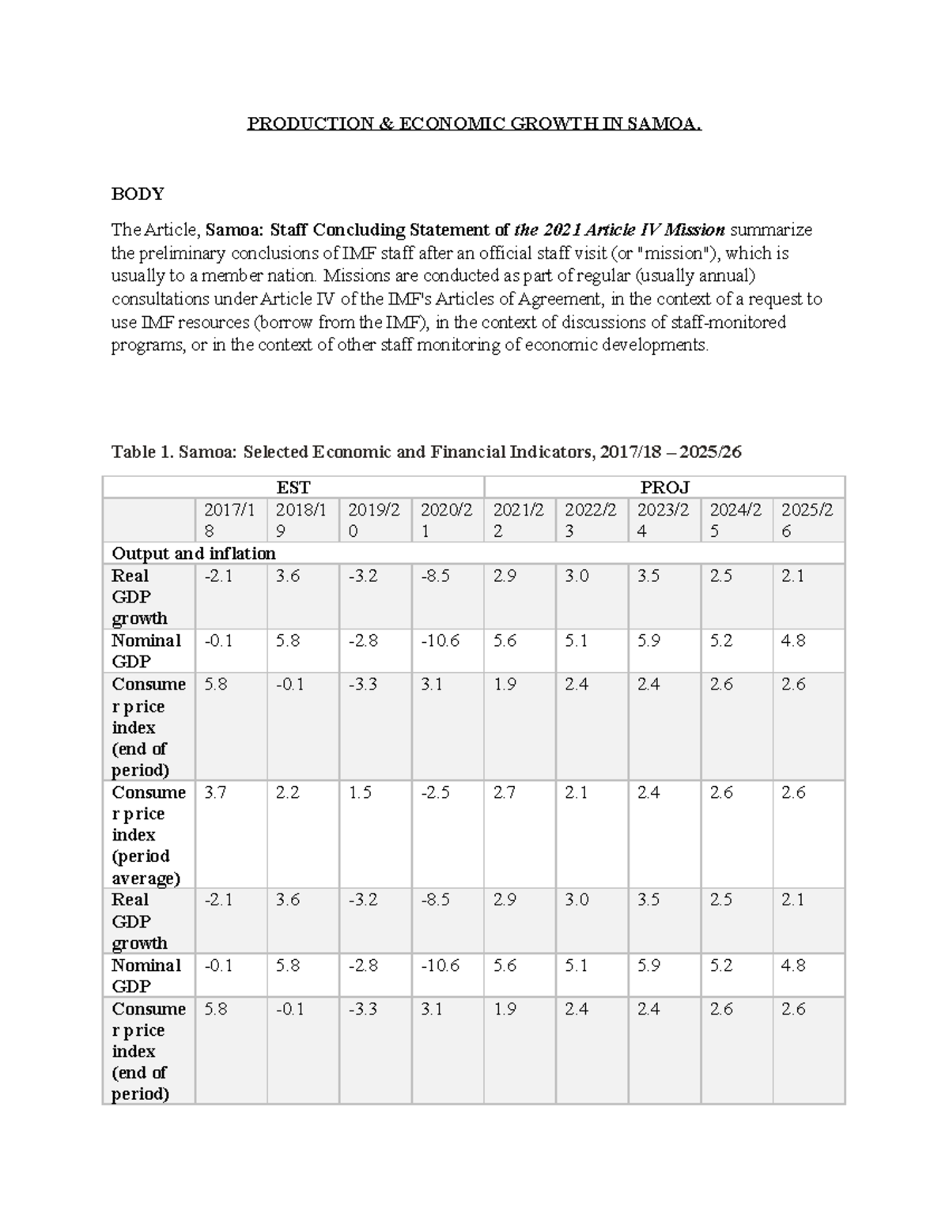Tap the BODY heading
(x=138, y=194)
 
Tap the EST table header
(x=293, y=487)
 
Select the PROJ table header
(x=664, y=487)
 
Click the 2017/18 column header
(x=229, y=520)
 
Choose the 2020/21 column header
(x=446, y=520)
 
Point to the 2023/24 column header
(x=663, y=520)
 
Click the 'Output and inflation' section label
(x=194, y=553)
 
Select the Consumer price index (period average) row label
(x=148, y=835)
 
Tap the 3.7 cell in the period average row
(x=215, y=792)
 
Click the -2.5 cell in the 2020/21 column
(x=435, y=792)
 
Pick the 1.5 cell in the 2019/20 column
(x=360, y=792)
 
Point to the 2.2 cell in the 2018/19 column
(x=287, y=792)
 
